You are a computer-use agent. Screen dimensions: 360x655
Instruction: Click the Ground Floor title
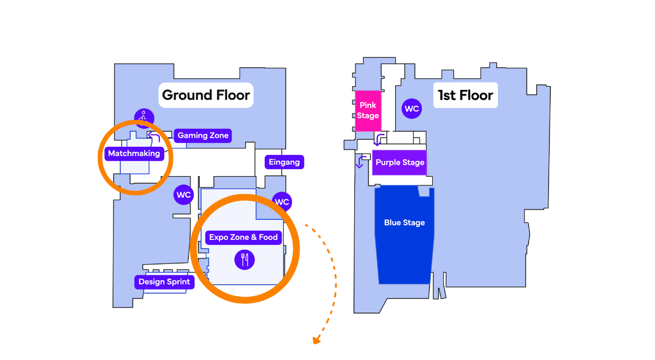coord(206,95)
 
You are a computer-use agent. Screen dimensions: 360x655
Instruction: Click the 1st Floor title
coord(466,95)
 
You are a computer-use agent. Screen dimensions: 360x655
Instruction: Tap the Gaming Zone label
coord(203,135)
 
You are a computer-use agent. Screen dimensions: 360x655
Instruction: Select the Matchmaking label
coord(134,153)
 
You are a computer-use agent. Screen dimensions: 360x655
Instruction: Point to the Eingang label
coord(284,162)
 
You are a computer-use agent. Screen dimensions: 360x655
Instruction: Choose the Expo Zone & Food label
coord(243,237)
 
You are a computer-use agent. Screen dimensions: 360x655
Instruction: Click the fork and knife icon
coord(245,259)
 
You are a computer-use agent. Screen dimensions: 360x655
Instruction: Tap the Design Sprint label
coord(164,282)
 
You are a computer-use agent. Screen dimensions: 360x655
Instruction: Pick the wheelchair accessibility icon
coord(144,117)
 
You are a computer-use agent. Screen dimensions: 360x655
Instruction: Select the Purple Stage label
coord(400,163)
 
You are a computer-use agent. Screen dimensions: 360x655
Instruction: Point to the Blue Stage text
coord(404,223)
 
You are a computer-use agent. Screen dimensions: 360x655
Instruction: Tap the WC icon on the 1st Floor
coord(412,109)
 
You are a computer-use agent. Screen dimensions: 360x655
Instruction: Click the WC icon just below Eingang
coord(282,202)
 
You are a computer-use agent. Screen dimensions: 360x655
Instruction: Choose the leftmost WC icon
coord(183,194)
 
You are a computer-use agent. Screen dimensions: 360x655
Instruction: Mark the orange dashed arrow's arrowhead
coord(316,341)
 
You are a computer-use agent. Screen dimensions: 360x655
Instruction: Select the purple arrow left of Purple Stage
coord(360,163)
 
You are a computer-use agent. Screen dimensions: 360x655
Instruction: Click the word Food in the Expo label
coord(268,237)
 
